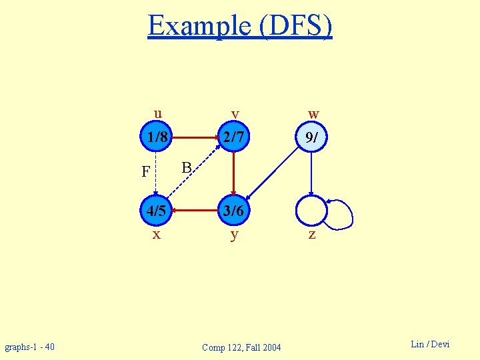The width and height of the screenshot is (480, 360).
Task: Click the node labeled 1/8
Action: click(157, 138)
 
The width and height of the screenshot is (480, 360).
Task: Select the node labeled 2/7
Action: click(233, 138)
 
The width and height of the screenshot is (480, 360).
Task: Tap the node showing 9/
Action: click(311, 138)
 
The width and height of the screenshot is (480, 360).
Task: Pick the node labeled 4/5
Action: click(157, 211)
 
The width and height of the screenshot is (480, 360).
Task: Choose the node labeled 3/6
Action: click(233, 211)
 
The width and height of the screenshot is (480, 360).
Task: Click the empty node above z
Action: click(311, 211)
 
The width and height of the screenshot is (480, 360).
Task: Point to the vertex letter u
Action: click(157, 112)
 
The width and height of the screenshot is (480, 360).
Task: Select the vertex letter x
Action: click(156, 235)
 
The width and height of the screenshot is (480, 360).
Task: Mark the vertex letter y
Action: click(234, 235)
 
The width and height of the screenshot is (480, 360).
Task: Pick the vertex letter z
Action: click(311, 235)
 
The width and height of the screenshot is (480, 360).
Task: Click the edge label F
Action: click(145, 172)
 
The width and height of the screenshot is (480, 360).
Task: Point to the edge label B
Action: click(187, 166)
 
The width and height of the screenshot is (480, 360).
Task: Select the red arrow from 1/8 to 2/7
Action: click(195, 138)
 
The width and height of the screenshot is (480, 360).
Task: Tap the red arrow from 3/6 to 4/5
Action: click(195, 211)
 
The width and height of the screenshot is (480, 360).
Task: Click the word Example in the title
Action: click(197, 26)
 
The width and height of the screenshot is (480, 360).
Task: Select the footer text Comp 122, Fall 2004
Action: click(241, 347)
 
